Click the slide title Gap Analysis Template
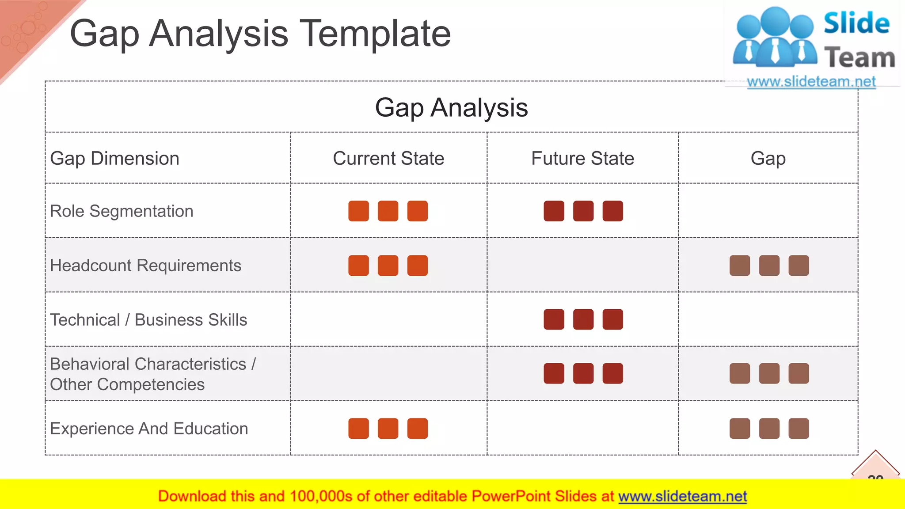(260, 34)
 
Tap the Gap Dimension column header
(115, 158)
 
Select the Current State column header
(388, 158)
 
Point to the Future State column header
(582, 158)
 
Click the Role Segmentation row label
(122, 211)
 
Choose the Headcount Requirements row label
(145, 266)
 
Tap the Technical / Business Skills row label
(148, 320)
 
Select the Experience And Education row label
(149, 429)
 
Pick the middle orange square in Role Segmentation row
(388, 211)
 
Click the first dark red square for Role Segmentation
(554, 211)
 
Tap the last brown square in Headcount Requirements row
(799, 266)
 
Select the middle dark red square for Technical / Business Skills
(583, 319)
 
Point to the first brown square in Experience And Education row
(740, 429)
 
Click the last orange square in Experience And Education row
(418, 429)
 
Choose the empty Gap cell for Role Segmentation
(768, 211)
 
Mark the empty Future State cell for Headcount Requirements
(582, 266)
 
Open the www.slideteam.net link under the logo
(811, 82)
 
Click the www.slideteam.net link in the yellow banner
(682, 497)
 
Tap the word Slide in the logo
(856, 23)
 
